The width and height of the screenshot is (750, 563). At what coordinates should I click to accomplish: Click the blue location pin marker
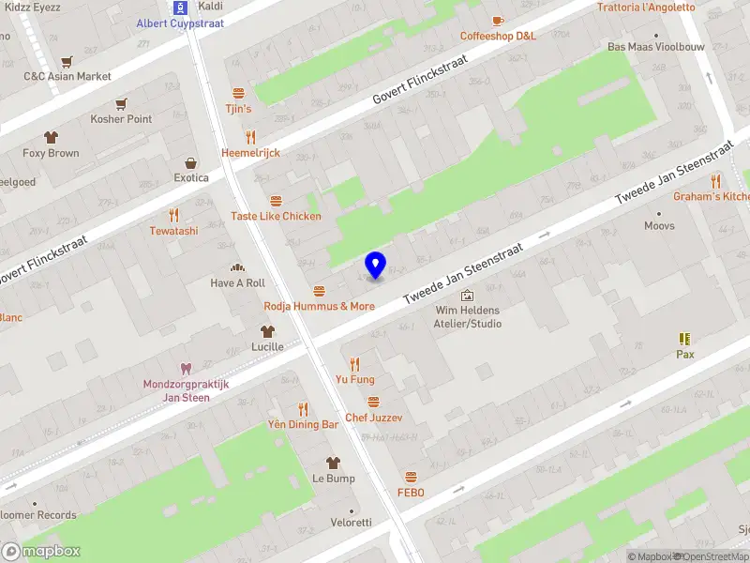tap(376, 266)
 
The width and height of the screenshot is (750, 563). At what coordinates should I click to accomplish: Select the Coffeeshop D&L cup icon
tap(498, 21)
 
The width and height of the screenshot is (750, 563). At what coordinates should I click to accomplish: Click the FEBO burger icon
tap(411, 478)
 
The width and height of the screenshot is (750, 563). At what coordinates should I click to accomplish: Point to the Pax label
tap(685, 355)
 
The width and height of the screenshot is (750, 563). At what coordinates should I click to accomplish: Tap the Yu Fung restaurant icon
tap(354, 364)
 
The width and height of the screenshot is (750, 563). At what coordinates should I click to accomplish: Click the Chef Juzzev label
tap(374, 417)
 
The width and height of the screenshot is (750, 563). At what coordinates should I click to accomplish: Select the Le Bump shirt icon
tap(333, 463)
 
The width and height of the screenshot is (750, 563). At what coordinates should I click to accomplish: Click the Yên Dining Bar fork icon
tap(303, 409)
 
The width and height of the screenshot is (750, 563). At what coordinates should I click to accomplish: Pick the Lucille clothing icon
tap(267, 331)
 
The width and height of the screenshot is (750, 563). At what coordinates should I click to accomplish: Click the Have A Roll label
tap(237, 282)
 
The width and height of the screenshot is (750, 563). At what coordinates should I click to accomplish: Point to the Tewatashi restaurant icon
tap(173, 215)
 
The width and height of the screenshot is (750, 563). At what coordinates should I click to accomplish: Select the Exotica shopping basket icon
tap(191, 162)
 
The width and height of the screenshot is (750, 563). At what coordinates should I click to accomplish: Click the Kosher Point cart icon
tap(121, 104)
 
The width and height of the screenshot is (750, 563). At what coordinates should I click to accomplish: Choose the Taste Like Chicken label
tap(276, 216)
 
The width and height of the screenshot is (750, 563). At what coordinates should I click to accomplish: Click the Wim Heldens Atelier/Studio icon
tap(467, 296)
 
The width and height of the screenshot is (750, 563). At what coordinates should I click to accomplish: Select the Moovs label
tap(659, 225)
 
